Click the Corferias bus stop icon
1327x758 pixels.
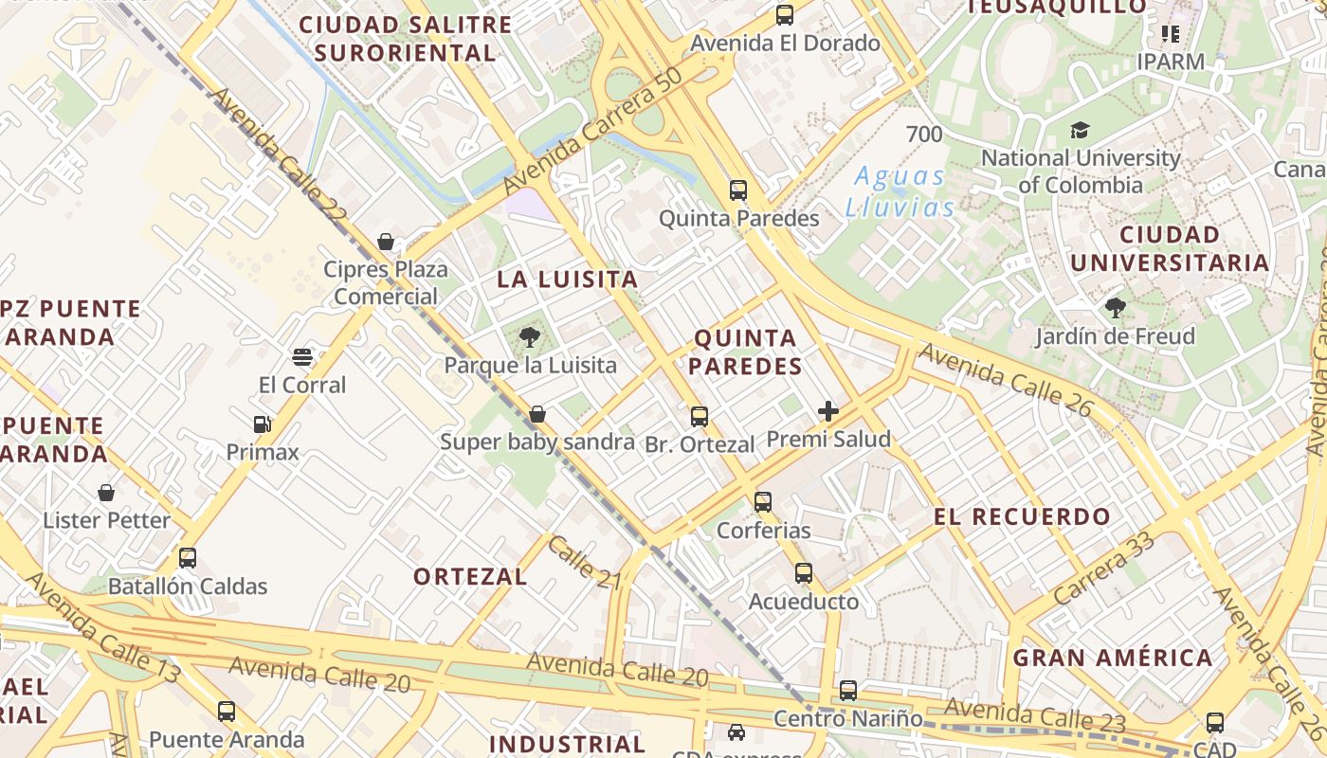(x=763, y=501)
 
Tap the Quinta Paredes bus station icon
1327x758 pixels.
(x=738, y=189)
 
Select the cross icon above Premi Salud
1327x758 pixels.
(x=828, y=410)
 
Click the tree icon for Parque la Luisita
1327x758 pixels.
(x=530, y=336)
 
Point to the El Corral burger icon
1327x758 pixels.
(x=302, y=357)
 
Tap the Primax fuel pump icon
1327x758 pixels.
(x=262, y=424)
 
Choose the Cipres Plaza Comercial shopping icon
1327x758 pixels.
(x=386, y=242)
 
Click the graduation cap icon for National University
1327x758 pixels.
(x=1080, y=130)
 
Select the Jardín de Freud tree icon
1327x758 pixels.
(x=1115, y=308)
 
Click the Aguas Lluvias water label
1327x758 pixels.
(x=900, y=191)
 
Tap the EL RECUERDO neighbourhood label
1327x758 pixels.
(x=1022, y=517)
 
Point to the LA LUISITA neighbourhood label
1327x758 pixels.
(x=568, y=280)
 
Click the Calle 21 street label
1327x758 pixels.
(x=584, y=562)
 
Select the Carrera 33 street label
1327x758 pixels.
(x=1103, y=568)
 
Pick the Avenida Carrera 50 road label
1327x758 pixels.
(x=593, y=133)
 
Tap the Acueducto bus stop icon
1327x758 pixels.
(x=804, y=573)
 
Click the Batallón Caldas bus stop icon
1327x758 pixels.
(x=188, y=558)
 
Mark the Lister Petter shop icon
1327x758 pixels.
(x=106, y=493)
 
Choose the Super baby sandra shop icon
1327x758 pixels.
(x=537, y=414)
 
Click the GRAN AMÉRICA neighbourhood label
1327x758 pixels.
(x=1113, y=658)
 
